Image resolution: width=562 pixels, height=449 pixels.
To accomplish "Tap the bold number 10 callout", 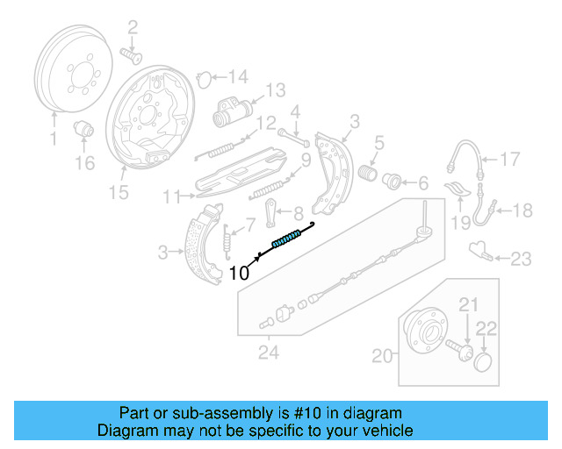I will pyautogui.click(x=239, y=273).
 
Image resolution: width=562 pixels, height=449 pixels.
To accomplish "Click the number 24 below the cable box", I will pyautogui.click(x=269, y=354).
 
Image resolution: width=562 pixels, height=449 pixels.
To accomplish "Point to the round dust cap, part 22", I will pyautogui.click(x=483, y=362).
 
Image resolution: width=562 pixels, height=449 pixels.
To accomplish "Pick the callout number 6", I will pyautogui.click(x=422, y=183).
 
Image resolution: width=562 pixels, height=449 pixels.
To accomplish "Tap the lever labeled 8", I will pyautogui.click(x=272, y=212).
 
